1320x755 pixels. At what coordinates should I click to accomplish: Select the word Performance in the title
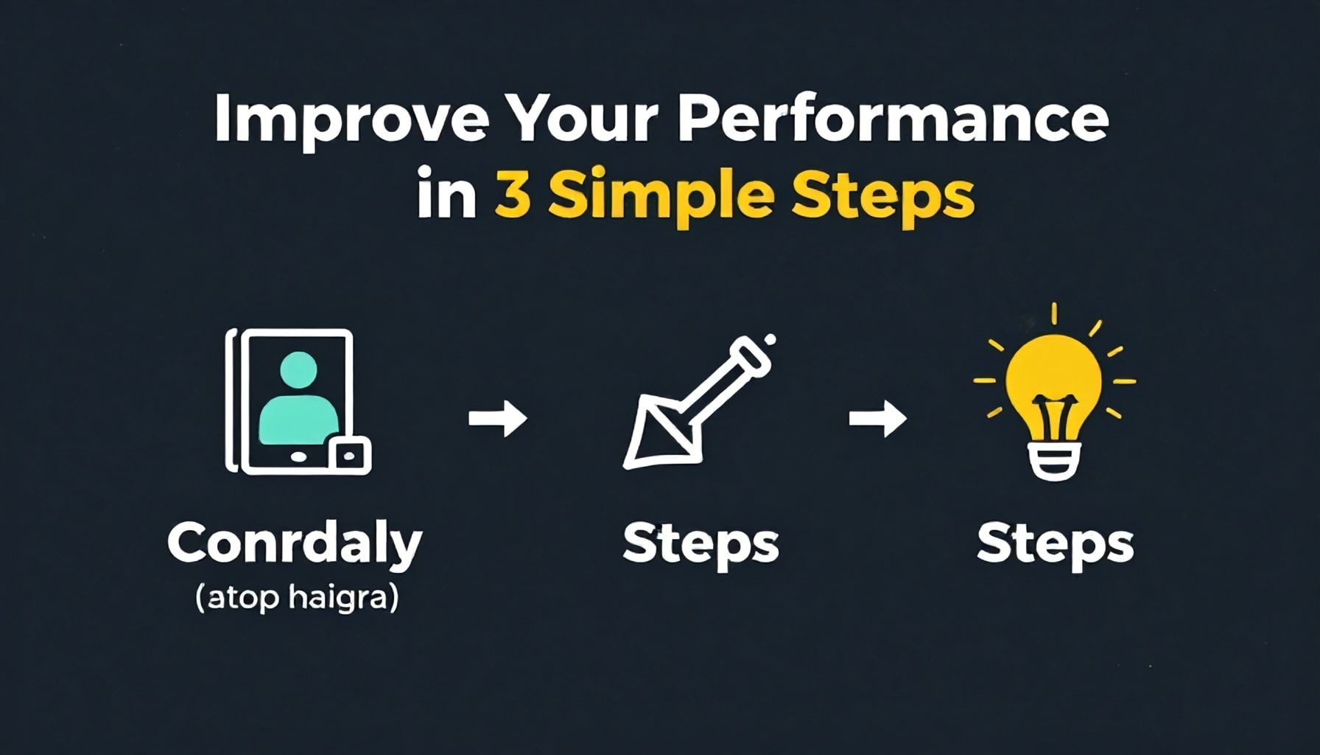tap(893, 119)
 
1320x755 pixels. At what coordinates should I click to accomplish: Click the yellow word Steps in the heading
tap(882, 195)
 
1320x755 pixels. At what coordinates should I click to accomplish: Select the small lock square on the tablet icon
tap(349, 455)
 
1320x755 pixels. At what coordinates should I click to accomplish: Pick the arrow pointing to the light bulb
tap(878, 418)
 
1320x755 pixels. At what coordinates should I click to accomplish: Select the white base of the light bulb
tap(1053, 461)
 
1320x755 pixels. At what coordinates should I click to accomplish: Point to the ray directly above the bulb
tap(1054, 313)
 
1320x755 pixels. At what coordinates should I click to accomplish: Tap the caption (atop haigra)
tap(297, 597)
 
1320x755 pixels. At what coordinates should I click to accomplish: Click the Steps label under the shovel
tap(701, 546)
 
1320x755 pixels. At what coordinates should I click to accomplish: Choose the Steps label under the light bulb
tap(1055, 546)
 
